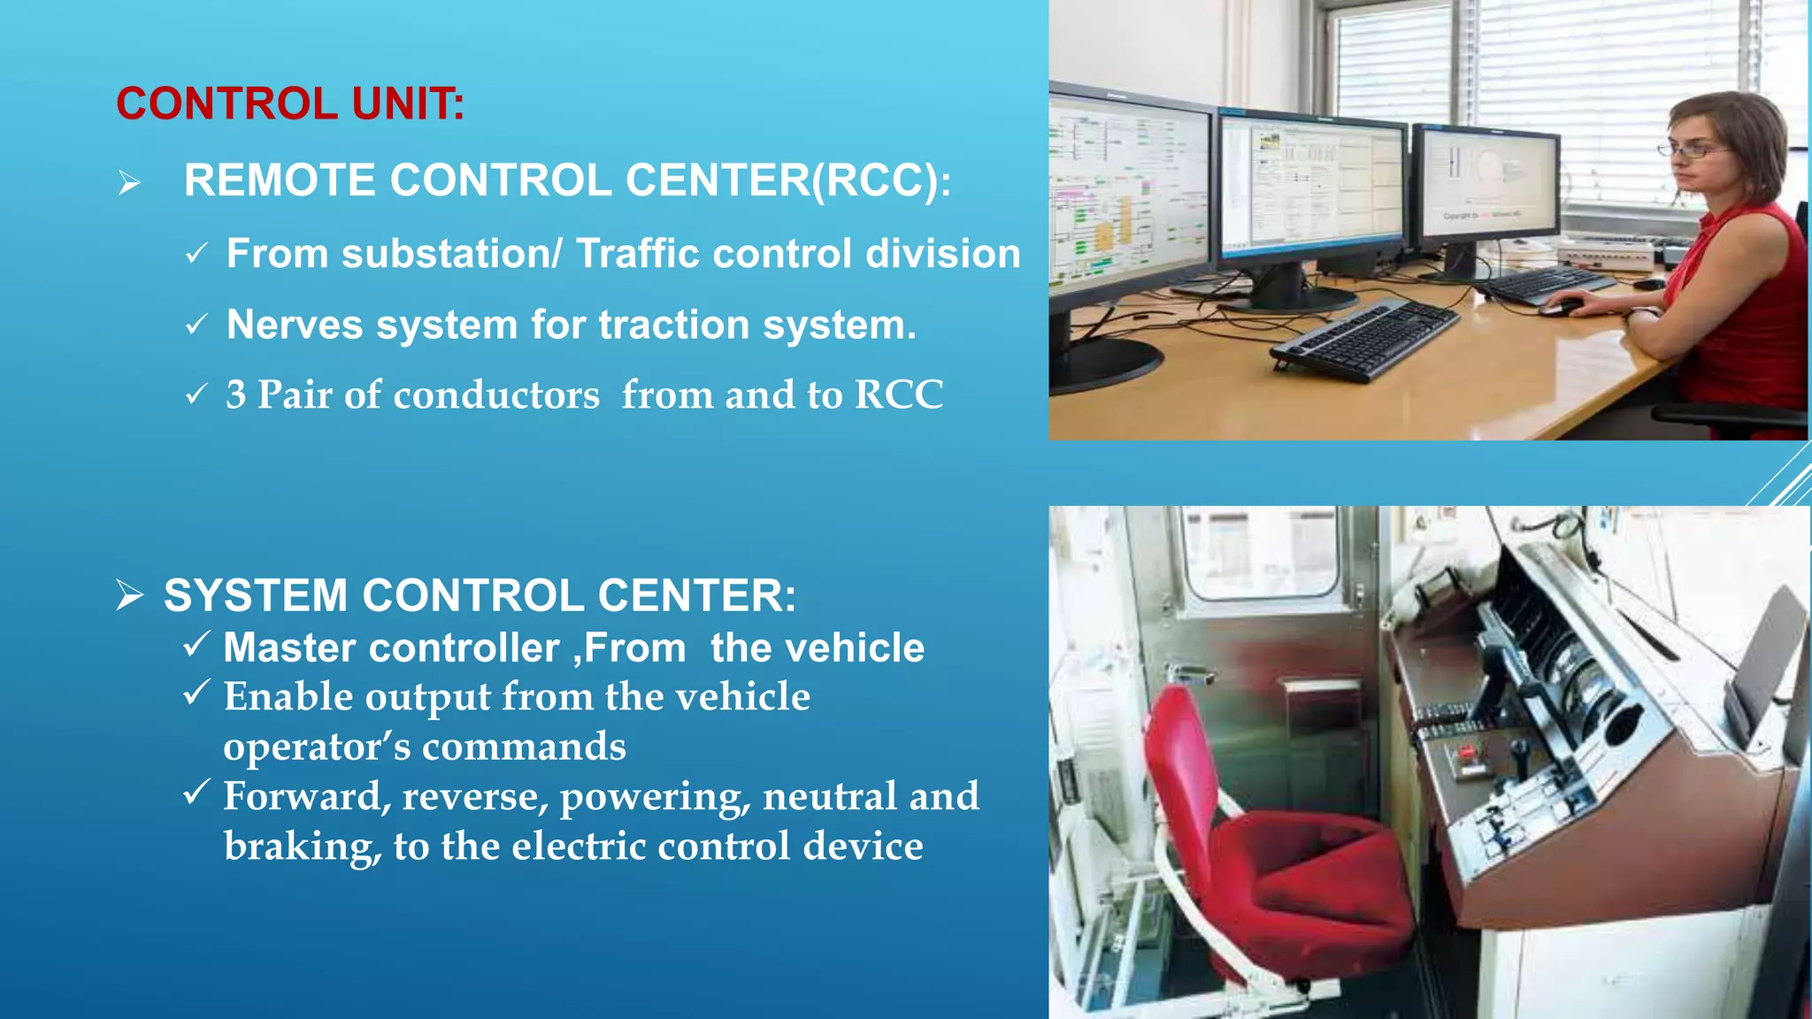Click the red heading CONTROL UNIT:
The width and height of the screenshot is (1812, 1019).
click(289, 104)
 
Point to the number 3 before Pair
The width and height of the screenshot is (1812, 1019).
click(235, 395)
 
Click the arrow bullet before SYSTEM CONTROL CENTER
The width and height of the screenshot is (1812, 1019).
click(129, 595)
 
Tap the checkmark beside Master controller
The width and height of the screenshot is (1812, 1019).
click(196, 644)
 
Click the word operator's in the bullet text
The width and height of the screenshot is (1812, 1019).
click(317, 747)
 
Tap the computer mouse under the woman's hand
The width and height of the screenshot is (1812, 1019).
click(1562, 307)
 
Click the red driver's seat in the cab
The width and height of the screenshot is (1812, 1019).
click(1274, 849)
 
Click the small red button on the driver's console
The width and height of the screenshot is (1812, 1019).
click(1468, 753)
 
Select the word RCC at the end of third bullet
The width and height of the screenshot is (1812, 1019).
click(898, 395)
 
